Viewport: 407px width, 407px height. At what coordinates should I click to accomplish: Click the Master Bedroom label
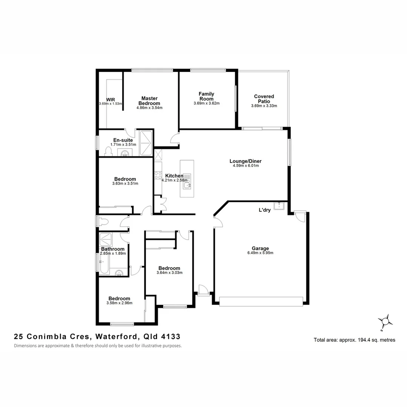click(x=149, y=101)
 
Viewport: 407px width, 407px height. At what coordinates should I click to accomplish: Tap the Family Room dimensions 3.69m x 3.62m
click(x=207, y=103)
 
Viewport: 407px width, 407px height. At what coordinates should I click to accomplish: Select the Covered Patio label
click(x=264, y=99)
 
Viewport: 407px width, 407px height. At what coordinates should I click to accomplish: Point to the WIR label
click(x=110, y=99)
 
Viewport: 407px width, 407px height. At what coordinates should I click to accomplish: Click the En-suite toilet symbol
click(x=108, y=151)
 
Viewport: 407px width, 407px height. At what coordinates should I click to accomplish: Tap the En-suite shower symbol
click(x=146, y=143)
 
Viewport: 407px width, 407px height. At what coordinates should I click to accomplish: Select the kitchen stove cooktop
click(x=158, y=176)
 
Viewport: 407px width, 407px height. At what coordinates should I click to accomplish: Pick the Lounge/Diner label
click(x=245, y=161)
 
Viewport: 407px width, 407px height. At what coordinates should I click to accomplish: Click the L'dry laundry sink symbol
click(x=279, y=206)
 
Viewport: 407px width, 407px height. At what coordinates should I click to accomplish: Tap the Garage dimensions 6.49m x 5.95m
click(x=260, y=253)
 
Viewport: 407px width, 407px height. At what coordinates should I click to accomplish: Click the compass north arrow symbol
click(x=385, y=321)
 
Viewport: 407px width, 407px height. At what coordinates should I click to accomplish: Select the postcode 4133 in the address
click(x=170, y=336)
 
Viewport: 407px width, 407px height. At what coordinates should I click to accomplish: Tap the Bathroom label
click(x=113, y=249)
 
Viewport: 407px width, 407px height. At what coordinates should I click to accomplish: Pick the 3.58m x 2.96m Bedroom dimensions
click(x=119, y=303)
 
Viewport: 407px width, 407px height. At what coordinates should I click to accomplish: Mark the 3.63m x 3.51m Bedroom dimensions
click(x=125, y=184)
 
